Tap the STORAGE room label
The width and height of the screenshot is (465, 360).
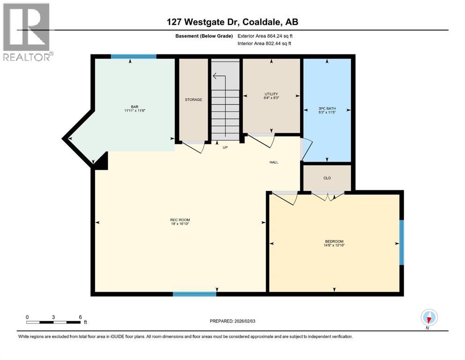click(193, 99)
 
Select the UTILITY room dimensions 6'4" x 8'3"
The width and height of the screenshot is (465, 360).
click(272, 98)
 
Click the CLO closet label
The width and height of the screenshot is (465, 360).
click(327, 178)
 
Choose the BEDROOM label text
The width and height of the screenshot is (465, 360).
click(334, 241)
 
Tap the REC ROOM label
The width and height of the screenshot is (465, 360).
click(180, 220)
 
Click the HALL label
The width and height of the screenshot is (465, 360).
click(274, 162)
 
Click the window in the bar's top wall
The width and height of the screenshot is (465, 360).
click(133, 56)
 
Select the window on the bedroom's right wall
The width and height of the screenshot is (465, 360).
click(401, 242)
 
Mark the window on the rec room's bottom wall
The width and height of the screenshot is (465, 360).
click(194, 294)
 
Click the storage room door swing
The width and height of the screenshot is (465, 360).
click(194, 147)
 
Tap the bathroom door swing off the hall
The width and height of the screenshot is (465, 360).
click(306, 149)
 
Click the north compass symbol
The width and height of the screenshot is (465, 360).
click(429, 317)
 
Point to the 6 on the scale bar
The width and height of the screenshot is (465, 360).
click(80, 317)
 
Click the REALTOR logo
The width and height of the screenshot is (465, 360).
click(27, 32)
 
